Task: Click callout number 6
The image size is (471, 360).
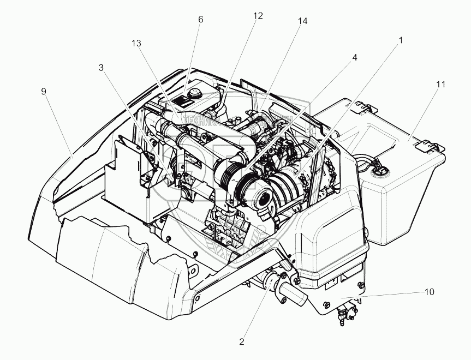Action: point(200,19)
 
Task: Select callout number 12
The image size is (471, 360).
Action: point(258,16)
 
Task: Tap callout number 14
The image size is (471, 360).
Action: point(302,21)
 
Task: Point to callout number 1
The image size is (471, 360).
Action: point(401,40)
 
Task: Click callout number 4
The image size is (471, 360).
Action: point(354,57)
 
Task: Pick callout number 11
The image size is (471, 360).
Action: point(440,85)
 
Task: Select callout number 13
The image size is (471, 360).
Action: point(135,43)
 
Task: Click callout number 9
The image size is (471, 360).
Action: point(44,91)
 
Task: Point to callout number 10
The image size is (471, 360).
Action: point(429,292)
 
